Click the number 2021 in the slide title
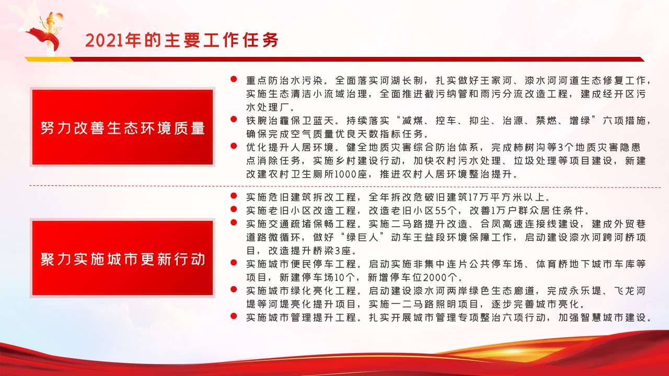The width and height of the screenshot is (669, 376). (105, 40)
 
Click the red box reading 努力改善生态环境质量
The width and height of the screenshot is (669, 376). (122, 127)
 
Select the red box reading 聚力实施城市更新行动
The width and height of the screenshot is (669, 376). (122, 258)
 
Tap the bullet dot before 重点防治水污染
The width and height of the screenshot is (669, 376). (234, 79)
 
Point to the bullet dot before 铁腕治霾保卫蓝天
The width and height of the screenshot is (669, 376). (234, 120)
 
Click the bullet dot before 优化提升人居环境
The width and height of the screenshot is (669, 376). (234, 146)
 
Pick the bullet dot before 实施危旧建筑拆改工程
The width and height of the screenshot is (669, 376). (234, 196)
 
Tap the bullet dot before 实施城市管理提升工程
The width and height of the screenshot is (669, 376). (234, 316)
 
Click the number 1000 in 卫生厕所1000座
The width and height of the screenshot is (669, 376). (345, 174)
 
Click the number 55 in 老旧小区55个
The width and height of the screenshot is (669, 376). (441, 210)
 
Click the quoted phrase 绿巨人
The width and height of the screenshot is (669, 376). (362, 237)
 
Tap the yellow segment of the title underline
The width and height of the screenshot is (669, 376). (49, 59)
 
